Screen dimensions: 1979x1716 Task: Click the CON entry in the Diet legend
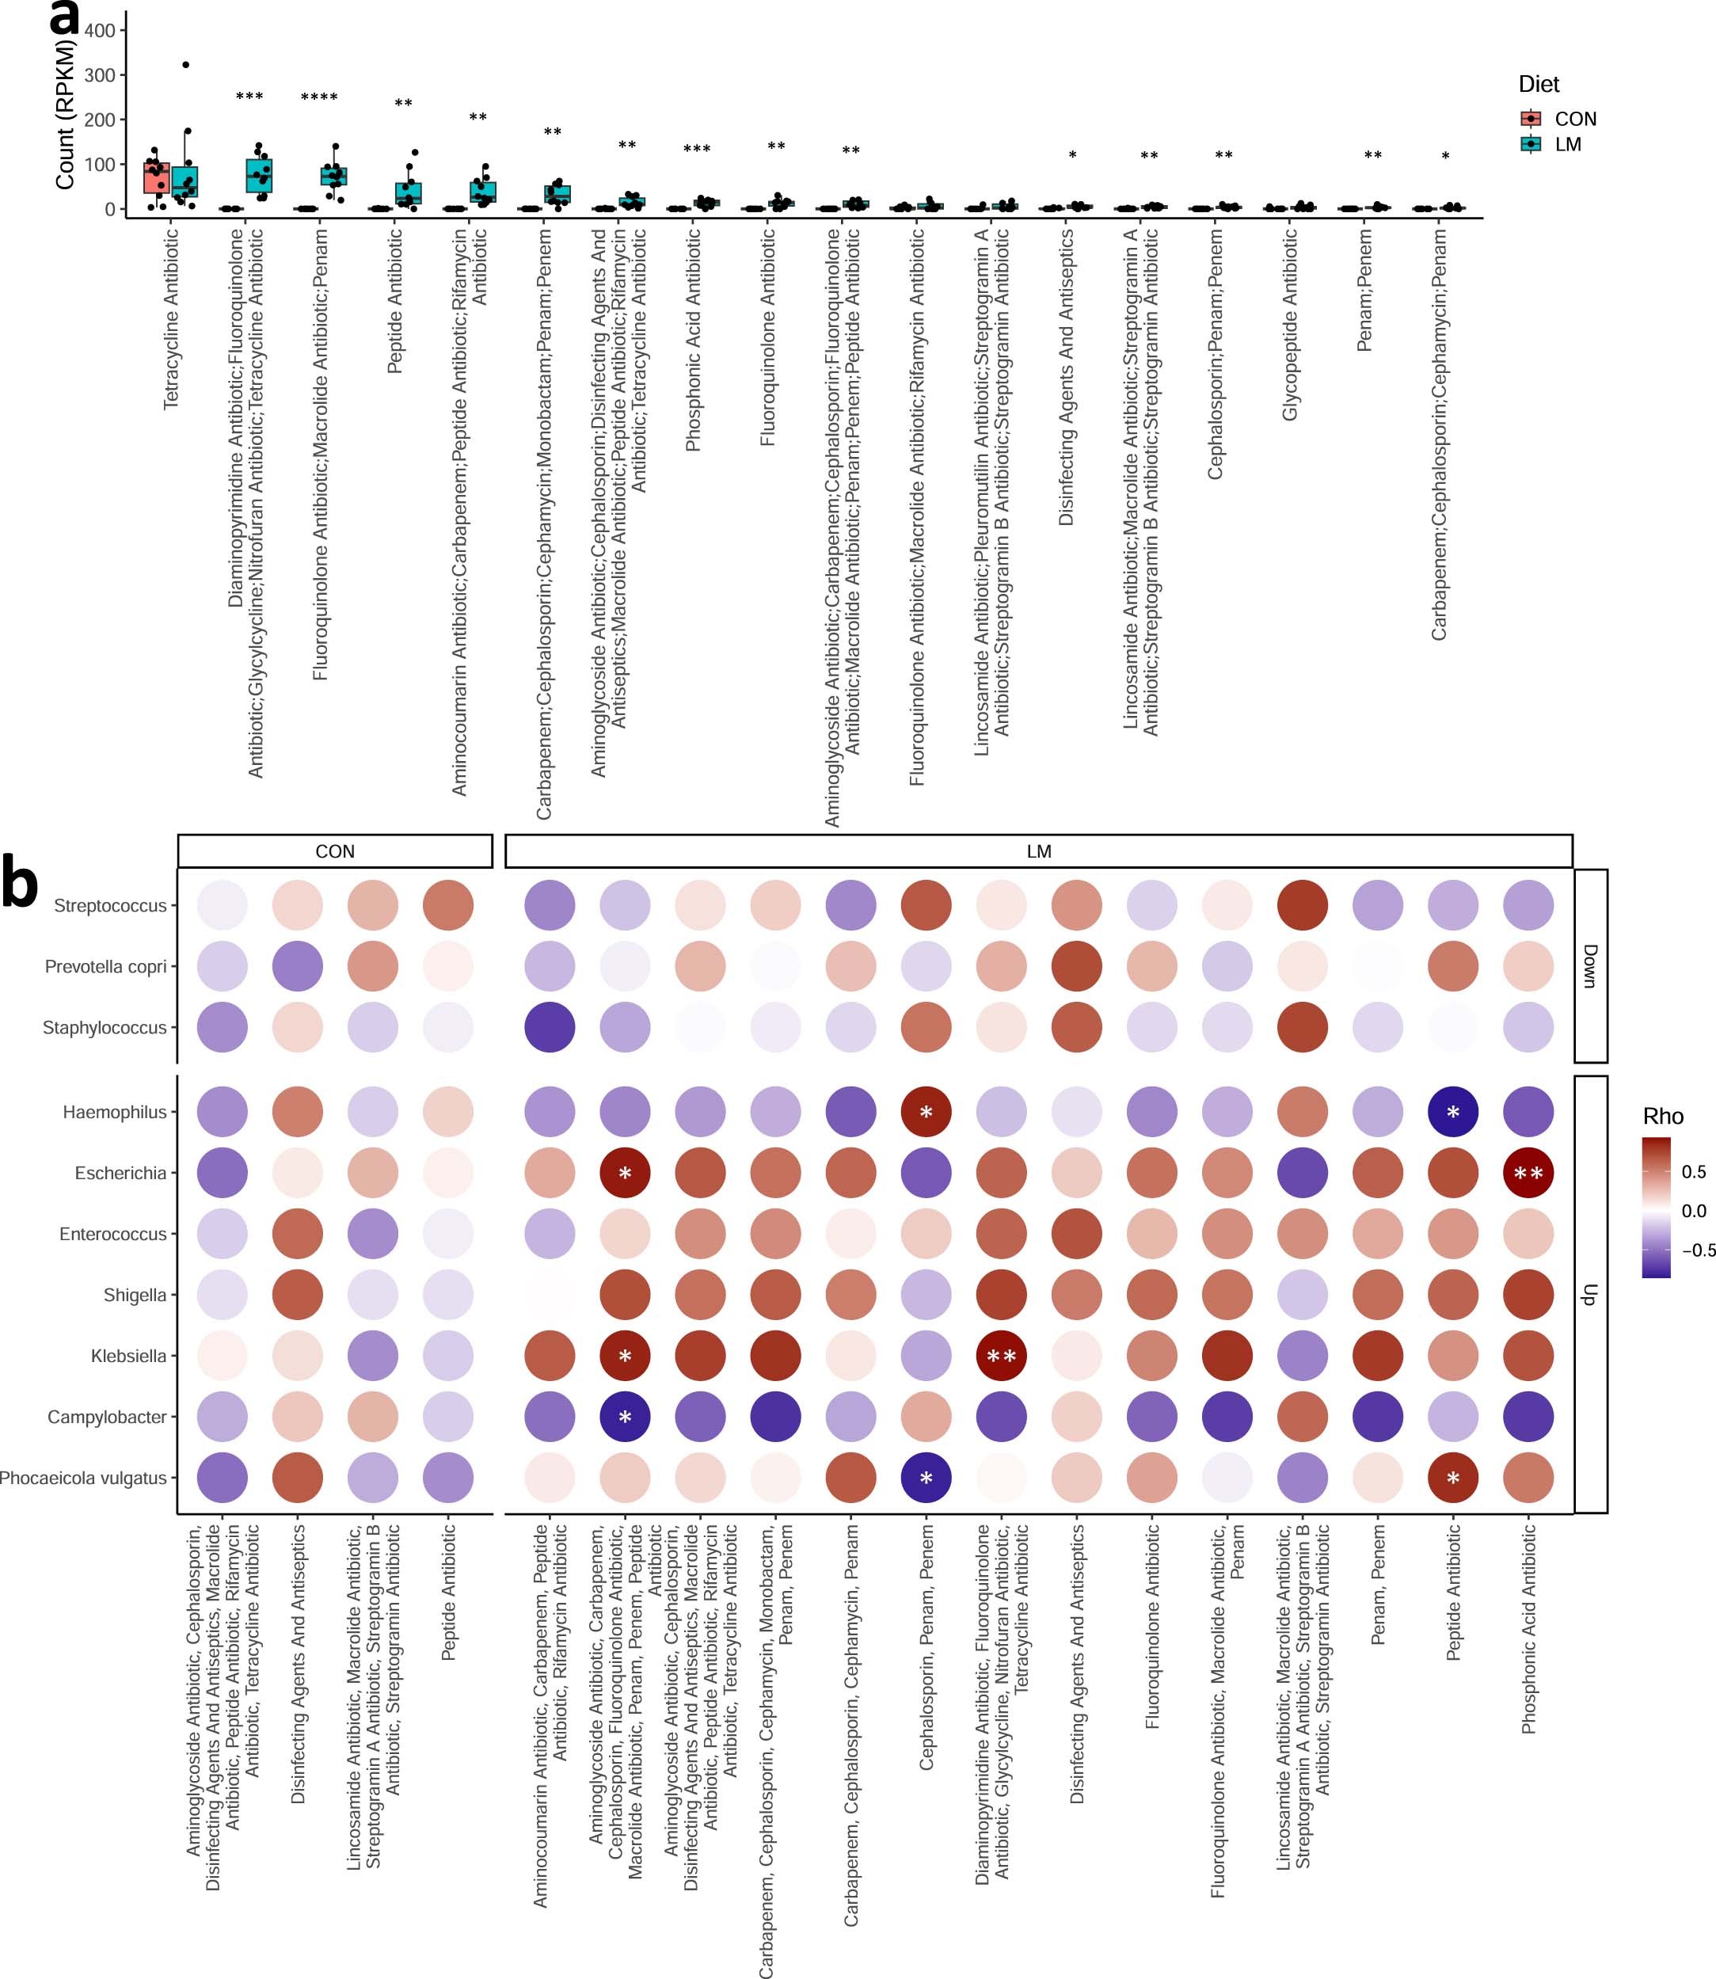click(1573, 119)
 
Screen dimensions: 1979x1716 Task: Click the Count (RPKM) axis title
click(65, 115)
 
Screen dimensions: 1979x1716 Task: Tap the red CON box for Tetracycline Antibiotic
click(156, 178)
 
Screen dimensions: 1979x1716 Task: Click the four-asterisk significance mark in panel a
click(319, 97)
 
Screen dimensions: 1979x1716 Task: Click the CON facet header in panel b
click(334, 851)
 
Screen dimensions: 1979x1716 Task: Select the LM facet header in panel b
click(1038, 851)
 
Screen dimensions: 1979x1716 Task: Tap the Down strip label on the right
click(1589, 965)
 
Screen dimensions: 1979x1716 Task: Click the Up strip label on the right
click(1589, 1295)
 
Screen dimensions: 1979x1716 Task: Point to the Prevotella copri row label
click(105, 966)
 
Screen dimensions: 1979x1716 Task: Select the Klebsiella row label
click(128, 1356)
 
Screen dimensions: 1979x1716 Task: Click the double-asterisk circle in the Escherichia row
click(1528, 1173)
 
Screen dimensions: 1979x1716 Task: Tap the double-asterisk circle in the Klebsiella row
click(1001, 1356)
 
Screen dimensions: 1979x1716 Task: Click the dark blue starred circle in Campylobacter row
click(626, 1417)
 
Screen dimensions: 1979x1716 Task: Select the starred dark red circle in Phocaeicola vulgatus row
click(1452, 1479)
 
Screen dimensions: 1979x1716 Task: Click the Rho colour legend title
click(1662, 1117)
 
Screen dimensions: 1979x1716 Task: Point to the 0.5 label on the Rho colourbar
click(1693, 1172)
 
